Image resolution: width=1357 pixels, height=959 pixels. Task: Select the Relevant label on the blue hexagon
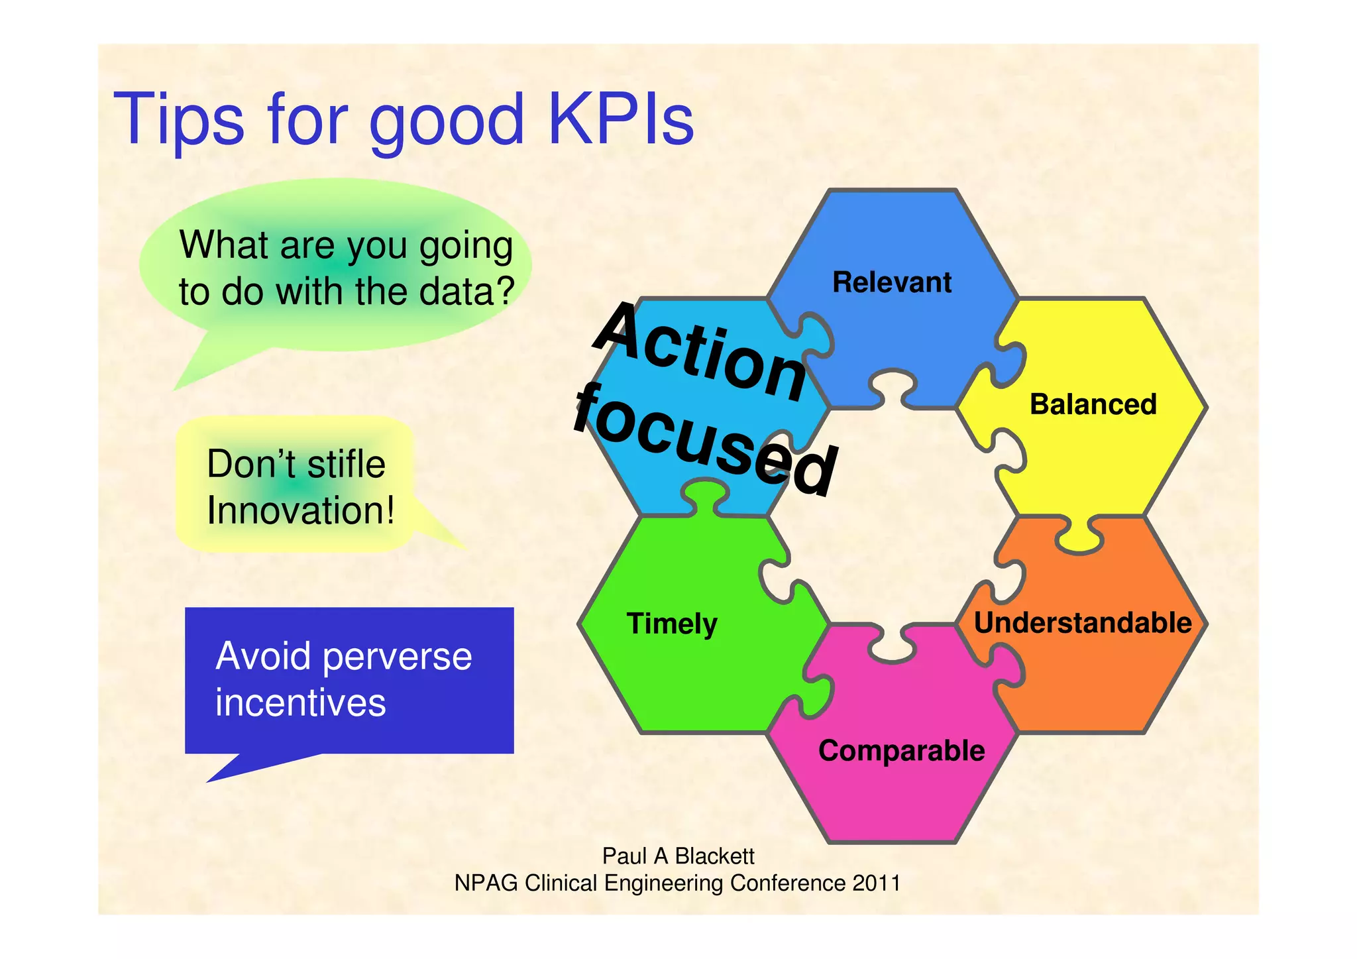(x=891, y=282)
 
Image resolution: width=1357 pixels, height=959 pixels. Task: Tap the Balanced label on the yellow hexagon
(x=1093, y=404)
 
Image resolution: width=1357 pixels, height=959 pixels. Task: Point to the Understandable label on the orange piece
(x=1083, y=623)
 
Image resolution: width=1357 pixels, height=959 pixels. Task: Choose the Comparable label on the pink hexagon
(x=901, y=751)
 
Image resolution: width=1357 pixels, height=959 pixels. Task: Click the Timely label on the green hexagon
(x=672, y=624)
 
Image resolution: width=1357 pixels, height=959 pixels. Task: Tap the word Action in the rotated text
(x=700, y=351)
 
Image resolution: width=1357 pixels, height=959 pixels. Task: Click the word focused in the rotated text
(x=706, y=441)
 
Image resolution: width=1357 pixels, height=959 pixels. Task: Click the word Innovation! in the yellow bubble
(x=300, y=510)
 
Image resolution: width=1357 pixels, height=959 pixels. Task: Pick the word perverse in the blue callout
(x=398, y=656)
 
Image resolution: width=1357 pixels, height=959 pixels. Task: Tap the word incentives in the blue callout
(x=300, y=703)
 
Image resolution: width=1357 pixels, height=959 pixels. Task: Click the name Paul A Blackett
(x=678, y=856)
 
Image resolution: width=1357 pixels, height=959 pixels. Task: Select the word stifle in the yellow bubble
(x=346, y=464)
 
